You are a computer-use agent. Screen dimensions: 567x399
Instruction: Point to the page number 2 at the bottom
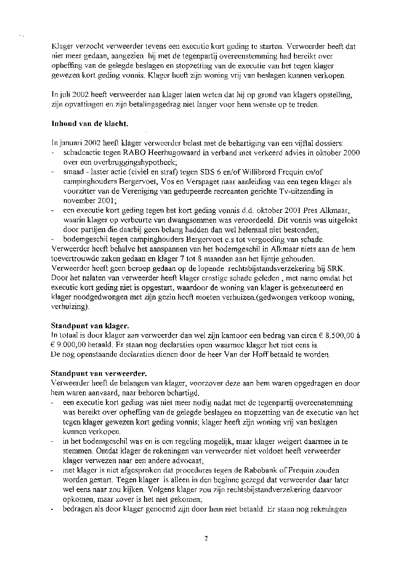(x=206, y=539)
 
